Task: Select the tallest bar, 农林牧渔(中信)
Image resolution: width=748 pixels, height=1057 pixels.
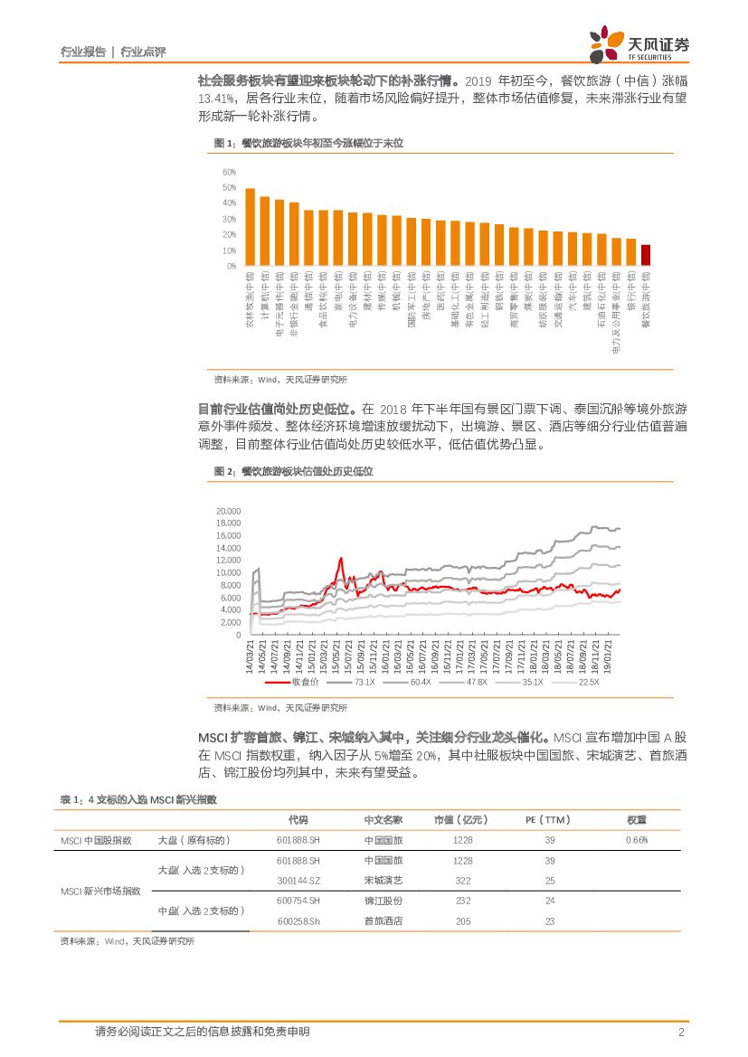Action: (250, 227)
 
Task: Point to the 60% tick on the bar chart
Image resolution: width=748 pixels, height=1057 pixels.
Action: (229, 172)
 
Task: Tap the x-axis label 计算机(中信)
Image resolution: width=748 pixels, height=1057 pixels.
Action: (264, 295)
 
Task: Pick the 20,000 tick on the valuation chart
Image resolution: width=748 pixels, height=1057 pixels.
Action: (229, 511)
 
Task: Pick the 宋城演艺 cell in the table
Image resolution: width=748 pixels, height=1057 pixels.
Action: (383, 880)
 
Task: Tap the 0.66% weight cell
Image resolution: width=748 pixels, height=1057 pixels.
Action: (637, 840)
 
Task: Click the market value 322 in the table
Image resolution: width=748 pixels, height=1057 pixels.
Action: (463, 880)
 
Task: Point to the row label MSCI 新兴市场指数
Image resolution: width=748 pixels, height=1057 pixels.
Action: (100, 891)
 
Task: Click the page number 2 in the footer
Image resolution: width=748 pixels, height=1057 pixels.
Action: (680, 1033)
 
